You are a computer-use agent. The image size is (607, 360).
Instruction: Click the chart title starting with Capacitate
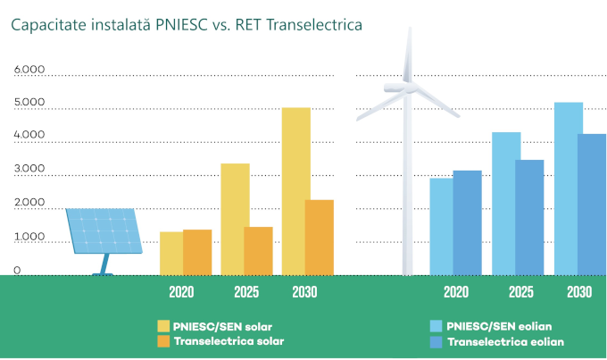(187, 25)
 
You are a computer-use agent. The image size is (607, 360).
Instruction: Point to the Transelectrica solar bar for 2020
(197, 252)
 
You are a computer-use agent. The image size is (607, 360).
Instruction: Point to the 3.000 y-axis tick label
(29, 170)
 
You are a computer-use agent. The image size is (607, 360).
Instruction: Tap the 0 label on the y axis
(16, 270)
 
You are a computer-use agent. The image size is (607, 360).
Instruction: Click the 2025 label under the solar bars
(245, 292)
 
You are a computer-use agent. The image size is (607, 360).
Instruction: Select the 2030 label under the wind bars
(578, 292)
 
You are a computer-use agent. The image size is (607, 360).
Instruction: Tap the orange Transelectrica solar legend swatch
(163, 341)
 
